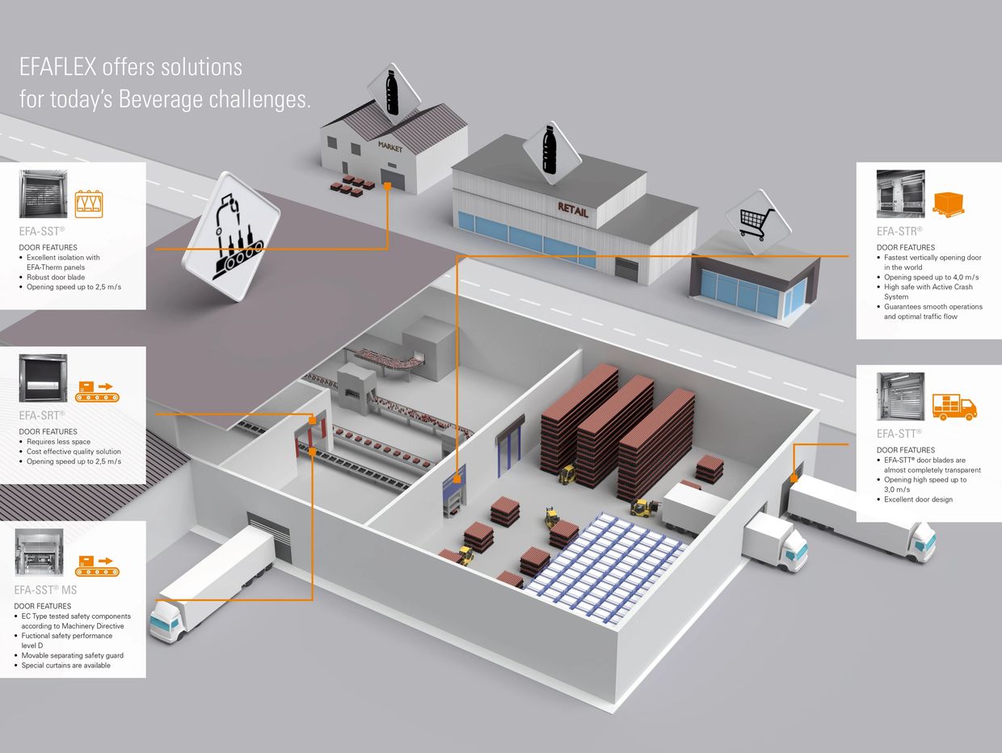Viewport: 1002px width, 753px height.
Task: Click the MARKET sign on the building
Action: [389, 146]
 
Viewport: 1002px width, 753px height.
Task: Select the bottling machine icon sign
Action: [231, 236]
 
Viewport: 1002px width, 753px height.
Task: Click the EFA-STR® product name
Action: [899, 231]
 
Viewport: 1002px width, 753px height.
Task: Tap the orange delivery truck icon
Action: [954, 406]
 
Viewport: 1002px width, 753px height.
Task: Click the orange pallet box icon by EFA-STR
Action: [949, 204]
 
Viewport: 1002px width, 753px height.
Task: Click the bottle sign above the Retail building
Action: [550, 151]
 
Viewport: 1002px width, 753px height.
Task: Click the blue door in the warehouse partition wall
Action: [509, 446]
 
